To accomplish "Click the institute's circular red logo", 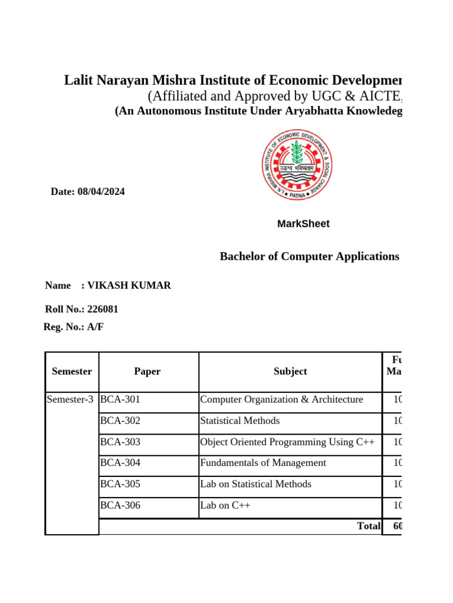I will coord(297,164).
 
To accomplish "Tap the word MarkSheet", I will coord(303,224).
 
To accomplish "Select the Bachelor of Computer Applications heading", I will coord(309,256).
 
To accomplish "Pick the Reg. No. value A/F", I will coord(95,327).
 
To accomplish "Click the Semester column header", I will coord(72,372).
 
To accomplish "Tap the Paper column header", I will coord(147,372).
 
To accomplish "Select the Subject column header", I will coord(290,372).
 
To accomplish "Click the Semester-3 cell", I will coord(70,400).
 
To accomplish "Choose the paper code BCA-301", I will coord(120,400).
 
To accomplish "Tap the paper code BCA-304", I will coord(120,463).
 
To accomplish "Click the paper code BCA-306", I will coord(120,505).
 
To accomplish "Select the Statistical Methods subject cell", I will coord(240,421).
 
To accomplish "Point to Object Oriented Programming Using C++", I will coord(287,442).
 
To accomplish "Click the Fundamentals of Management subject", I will coord(263,463).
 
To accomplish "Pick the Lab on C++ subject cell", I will coord(225,505).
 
